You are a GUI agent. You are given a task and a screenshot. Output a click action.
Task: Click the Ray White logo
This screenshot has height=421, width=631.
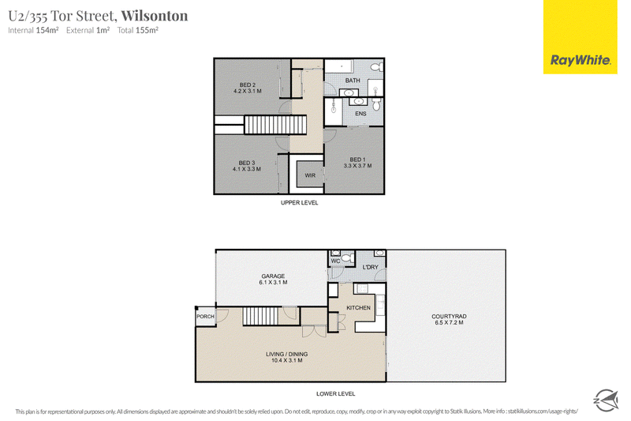point(580,36)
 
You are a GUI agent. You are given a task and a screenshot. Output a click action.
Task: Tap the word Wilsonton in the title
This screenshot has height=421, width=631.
point(155,16)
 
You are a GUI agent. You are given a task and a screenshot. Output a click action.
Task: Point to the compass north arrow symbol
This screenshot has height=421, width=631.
point(606,400)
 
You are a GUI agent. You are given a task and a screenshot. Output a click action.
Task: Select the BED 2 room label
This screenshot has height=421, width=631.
point(248,85)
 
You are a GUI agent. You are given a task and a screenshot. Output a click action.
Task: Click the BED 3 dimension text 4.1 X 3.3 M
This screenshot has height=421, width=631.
point(247,169)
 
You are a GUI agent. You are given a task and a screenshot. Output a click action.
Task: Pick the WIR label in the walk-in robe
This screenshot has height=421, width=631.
point(310,175)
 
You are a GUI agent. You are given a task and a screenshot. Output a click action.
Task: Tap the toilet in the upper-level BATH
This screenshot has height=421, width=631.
point(377,66)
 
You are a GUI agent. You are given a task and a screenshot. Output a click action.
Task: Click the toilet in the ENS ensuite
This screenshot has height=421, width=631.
point(376,106)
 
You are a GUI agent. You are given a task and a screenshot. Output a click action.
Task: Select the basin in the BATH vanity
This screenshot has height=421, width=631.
point(348,93)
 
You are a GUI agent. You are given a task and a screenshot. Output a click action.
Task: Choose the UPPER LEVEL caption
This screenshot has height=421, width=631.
point(300,203)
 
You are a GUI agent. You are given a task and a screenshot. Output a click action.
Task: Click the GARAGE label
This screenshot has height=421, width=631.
point(273,276)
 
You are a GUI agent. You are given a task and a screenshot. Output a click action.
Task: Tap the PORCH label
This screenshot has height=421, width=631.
point(205,317)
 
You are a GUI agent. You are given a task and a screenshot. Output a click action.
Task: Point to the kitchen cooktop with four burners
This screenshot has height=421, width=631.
point(360,288)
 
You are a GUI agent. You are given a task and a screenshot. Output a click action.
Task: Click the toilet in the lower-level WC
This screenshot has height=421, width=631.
point(346,257)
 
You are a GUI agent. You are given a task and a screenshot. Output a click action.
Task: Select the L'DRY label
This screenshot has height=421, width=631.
point(370,267)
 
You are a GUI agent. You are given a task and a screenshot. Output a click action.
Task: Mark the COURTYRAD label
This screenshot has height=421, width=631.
point(449,316)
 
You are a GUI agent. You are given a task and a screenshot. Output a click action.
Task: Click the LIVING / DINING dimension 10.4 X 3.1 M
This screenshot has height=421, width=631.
point(287,360)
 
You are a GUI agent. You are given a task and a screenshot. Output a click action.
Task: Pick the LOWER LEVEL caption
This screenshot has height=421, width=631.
point(336,393)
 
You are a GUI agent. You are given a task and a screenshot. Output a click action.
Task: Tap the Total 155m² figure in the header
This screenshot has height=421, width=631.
point(137,30)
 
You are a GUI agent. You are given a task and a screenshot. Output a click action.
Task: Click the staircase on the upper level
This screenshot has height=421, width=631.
point(275,125)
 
